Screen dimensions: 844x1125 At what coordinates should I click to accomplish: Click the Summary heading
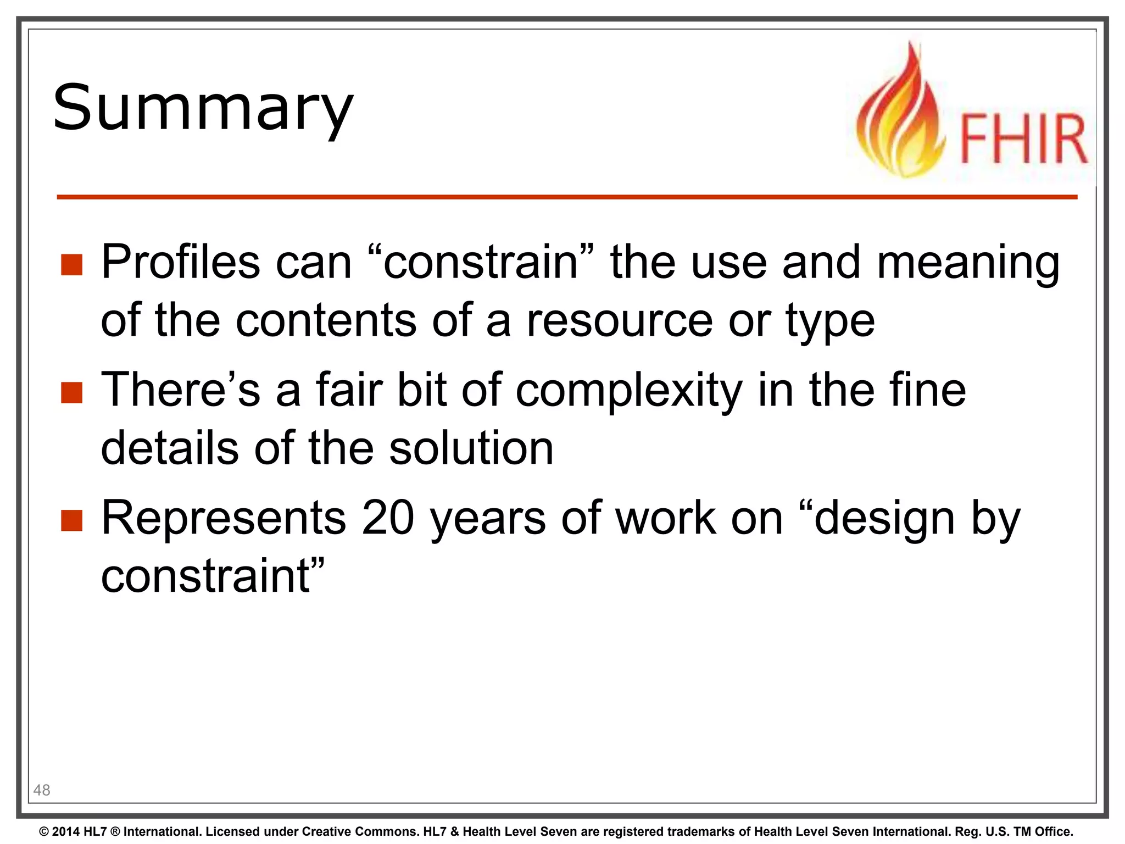[x=203, y=108]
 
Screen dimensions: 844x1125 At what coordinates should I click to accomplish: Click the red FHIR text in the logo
[x=1023, y=139]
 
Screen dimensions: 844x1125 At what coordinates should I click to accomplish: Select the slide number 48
[x=42, y=790]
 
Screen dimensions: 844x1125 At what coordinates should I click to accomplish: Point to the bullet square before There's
[x=71, y=393]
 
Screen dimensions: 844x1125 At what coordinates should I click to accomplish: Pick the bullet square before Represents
[x=71, y=521]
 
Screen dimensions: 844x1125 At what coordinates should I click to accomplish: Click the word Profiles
[x=180, y=262]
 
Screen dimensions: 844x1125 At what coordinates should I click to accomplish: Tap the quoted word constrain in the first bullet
[x=480, y=262]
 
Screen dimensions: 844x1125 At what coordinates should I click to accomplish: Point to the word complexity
[x=629, y=391]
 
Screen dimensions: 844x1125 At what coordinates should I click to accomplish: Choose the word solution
[x=471, y=448]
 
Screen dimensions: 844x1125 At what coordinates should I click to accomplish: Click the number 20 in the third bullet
[x=387, y=518]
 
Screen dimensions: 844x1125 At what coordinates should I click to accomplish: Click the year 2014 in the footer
[x=66, y=831]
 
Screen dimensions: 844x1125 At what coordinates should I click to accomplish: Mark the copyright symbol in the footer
[x=44, y=831]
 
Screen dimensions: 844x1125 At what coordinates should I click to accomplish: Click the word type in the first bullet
[x=830, y=322]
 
